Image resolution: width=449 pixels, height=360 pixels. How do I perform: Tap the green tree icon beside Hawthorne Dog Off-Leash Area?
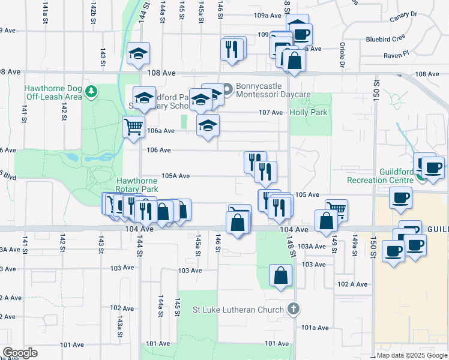tap(91, 92)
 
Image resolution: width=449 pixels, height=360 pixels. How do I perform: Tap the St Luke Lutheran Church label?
tap(238, 310)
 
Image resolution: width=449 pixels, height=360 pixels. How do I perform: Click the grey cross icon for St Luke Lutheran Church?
tap(293, 310)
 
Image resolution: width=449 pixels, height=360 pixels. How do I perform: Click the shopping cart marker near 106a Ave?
tap(133, 126)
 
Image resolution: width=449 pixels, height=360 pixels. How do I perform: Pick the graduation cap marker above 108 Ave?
tap(139, 53)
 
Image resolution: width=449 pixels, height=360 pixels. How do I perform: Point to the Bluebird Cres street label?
tap(386, 40)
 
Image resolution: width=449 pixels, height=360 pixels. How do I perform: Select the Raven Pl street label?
tap(397, 54)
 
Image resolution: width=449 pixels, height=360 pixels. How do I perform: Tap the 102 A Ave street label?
tap(352, 284)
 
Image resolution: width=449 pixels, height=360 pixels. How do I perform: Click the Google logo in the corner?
tap(19, 353)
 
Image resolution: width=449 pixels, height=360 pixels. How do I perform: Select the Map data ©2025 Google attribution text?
tap(411, 355)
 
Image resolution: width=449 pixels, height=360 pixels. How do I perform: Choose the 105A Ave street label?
tap(176, 176)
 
